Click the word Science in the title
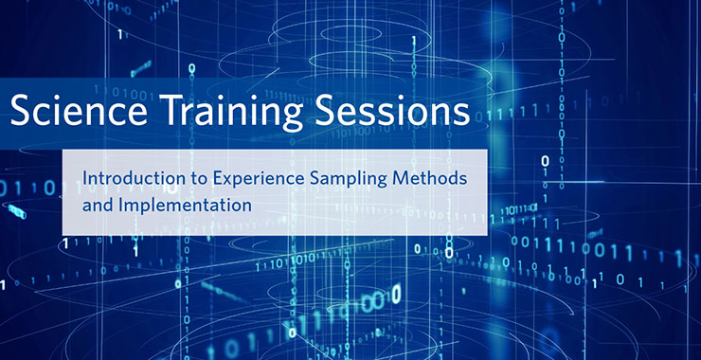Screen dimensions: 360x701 [x=75, y=113]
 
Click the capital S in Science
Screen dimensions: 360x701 [x=19, y=113]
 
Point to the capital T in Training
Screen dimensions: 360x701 [x=164, y=113]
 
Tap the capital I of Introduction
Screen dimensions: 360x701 [x=84, y=177]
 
